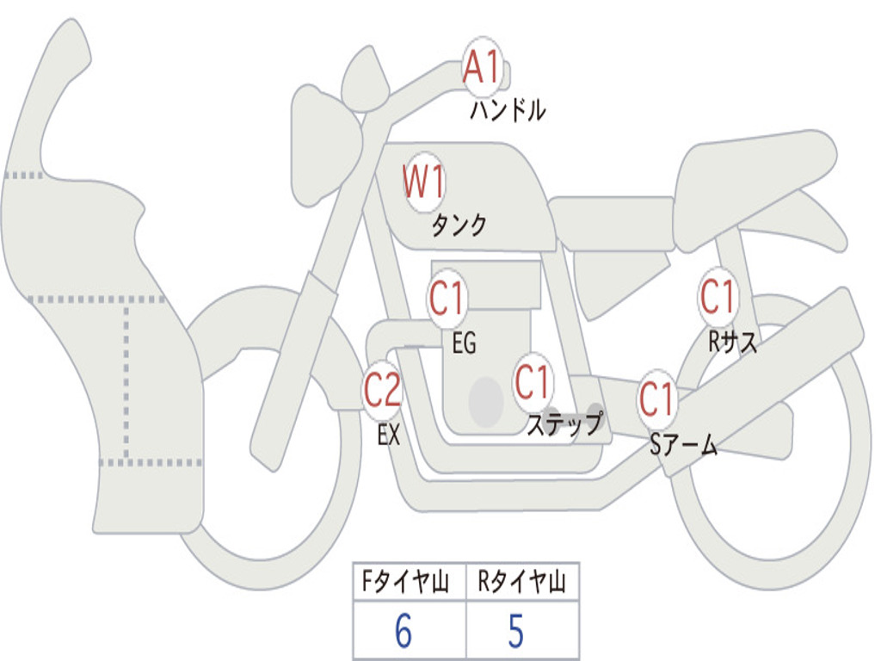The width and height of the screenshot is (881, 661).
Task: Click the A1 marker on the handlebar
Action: click(482, 66)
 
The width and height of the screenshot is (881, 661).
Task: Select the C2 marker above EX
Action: click(383, 390)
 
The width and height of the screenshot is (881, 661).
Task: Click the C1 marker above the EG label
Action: click(447, 297)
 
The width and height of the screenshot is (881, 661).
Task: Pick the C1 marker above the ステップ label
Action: click(532, 381)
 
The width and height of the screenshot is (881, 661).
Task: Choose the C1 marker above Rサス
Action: click(718, 296)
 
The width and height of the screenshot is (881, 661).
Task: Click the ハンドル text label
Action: click(508, 110)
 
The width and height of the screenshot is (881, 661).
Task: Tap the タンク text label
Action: click(459, 225)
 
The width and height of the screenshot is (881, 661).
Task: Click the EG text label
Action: click(464, 343)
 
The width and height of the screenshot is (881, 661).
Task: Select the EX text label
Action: click(389, 435)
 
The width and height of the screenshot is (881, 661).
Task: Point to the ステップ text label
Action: click(564, 423)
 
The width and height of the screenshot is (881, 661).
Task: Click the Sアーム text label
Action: click(684, 445)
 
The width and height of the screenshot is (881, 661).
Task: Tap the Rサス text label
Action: click(732, 341)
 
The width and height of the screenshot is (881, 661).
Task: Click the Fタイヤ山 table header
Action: click(405, 581)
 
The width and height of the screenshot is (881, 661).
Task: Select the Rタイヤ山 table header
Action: click(521, 581)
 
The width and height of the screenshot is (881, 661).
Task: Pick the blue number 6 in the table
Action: click(404, 631)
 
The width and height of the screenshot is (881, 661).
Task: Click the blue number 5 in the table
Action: click(516, 631)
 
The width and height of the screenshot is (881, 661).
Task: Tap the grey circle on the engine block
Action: click(486, 402)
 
